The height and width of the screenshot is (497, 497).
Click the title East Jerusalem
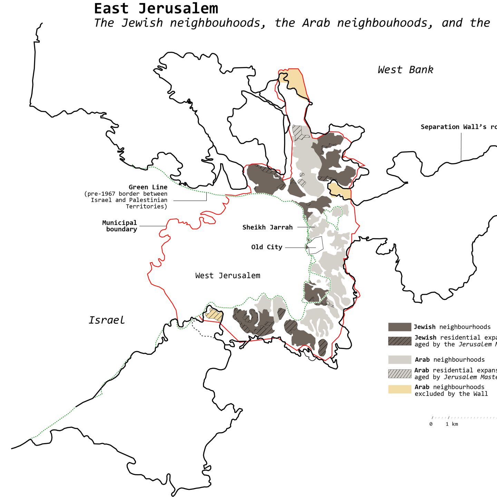tap(156, 8)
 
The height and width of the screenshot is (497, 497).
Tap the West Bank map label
tap(405, 70)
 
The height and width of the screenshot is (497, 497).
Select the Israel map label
tap(107, 320)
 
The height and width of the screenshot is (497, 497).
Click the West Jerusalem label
tap(227, 275)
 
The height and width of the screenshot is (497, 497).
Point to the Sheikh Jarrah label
tap(267, 227)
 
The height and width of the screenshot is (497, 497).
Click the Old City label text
tap(266, 247)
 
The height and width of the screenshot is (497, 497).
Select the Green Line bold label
tap(148, 187)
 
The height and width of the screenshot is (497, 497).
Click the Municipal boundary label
tap(120, 226)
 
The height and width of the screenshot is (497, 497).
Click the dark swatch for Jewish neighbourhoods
tap(399, 327)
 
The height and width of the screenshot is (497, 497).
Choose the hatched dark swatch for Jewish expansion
tap(399, 341)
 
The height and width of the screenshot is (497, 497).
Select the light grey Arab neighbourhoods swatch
tap(399, 360)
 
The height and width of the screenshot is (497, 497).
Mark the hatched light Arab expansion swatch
tap(399, 373)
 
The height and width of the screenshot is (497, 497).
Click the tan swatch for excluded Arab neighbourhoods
tap(399, 389)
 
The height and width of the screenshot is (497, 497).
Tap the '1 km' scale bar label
tap(451, 424)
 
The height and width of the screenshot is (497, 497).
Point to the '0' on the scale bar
tap(431, 424)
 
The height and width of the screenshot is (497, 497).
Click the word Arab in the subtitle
tap(316, 23)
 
